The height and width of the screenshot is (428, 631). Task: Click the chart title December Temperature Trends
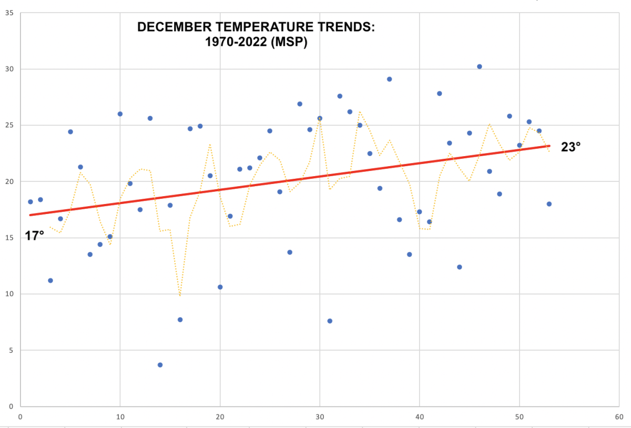coord(256,34)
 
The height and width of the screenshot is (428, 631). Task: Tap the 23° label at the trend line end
coord(571,147)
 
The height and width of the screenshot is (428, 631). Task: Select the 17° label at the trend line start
coord(34,236)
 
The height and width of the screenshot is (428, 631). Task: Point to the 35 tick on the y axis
coord(9,13)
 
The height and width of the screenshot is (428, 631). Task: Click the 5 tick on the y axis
coord(11,350)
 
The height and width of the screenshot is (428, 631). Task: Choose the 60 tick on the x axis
coord(619,416)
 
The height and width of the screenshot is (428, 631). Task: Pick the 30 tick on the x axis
coord(320,416)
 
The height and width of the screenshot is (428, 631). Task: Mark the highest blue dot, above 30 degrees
coord(480,66)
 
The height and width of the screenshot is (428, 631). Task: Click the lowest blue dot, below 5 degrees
coord(160,365)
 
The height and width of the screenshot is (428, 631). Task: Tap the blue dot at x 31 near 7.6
coord(330,321)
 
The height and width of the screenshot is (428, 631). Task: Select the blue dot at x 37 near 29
coord(390,79)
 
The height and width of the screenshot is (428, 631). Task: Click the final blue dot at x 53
coord(549,204)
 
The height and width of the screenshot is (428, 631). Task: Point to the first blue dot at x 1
coord(30,202)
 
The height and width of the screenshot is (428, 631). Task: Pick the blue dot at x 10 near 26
coord(120,114)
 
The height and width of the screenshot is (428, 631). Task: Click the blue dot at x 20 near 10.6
coord(220,287)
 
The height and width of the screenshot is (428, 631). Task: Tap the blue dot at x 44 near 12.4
coord(460,267)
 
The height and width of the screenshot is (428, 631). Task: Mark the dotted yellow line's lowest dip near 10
coord(180,295)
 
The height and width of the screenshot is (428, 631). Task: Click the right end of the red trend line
coord(549,146)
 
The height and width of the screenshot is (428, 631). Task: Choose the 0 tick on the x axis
coord(20,416)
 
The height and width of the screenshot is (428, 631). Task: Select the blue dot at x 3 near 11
coord(50,280)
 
